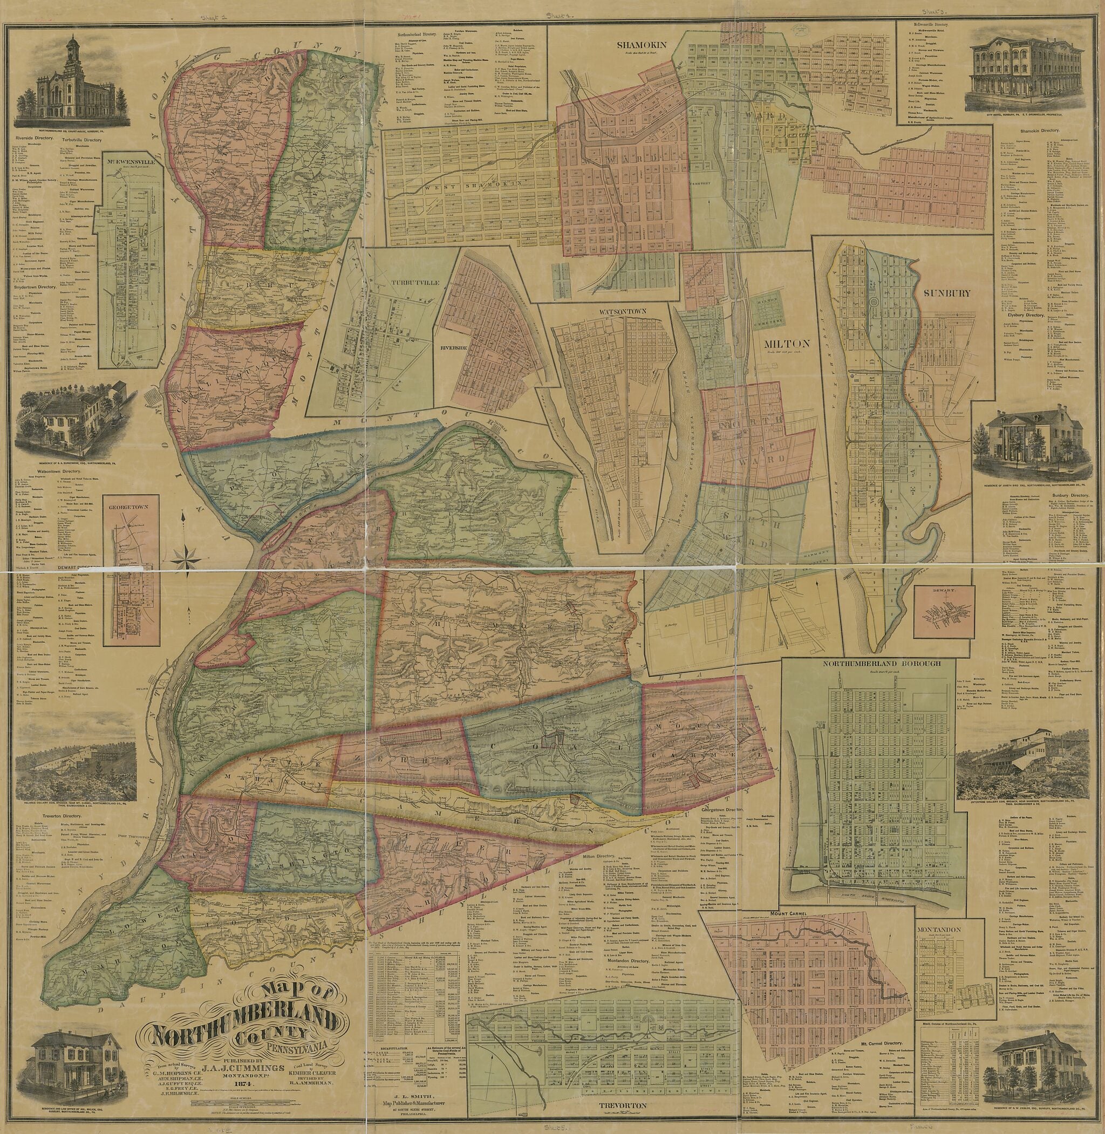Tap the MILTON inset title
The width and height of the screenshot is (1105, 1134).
pos(782,344)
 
